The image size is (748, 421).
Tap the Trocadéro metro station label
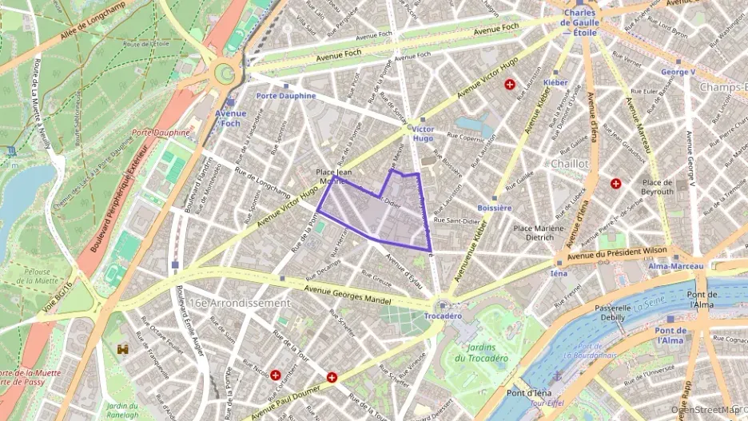(x=443, y=316)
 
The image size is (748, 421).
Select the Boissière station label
(x=494, y=208)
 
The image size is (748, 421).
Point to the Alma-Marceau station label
(x=669, y=266)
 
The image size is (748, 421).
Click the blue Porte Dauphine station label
(x=286, y=96)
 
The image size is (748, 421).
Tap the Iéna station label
(x=558, y=273)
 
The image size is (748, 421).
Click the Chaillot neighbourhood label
(x=569, y=163)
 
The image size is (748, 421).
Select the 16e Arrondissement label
(x=240, y=304)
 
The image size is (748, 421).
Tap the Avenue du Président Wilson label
(x=617, y=254)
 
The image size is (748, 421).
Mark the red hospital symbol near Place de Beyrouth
(x=615, y=184)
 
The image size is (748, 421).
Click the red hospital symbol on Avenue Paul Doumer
(x=332, y=377)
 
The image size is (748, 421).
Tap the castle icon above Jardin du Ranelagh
(x=123, y=349)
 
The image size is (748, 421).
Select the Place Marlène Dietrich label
(x=534, y=232)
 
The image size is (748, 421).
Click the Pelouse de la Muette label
(x=38, y=277)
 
